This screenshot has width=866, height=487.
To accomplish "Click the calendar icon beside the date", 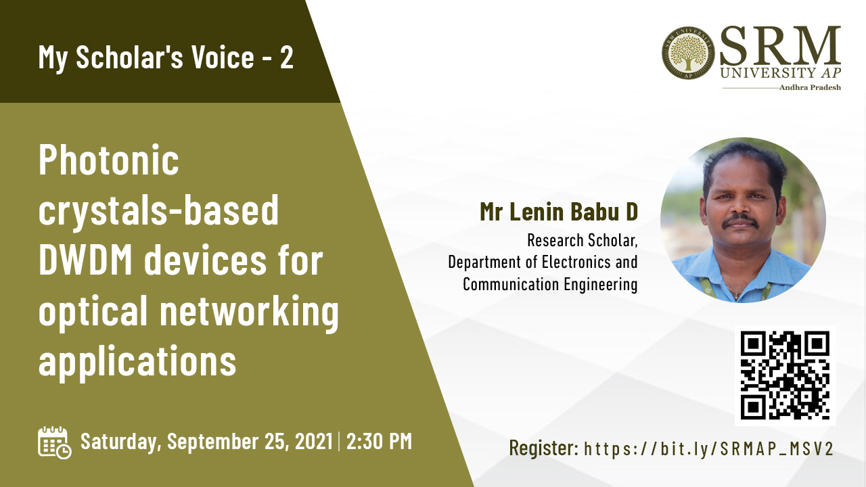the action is point(55,442).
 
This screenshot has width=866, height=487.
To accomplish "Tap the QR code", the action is point(785,375).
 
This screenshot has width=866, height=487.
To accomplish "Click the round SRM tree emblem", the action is point(688,53).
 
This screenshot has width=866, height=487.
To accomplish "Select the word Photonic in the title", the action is point(109,160).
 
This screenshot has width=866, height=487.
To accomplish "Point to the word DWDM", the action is point(85,260).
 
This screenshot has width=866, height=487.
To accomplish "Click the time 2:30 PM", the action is point(380,442).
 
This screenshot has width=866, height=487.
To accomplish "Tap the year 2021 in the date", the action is point(313,442).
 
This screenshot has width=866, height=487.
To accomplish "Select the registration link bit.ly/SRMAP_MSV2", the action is point(708,448).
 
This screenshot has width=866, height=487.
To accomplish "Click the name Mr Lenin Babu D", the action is point(559,212).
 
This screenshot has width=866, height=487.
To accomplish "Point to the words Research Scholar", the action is point(583,240).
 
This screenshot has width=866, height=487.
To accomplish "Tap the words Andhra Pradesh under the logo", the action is point(810,88).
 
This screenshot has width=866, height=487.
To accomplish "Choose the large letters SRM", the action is point(780,46).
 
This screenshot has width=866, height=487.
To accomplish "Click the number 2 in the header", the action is point(286,57).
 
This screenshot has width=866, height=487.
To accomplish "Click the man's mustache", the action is point(741,221).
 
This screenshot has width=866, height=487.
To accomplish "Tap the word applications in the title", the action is point(137,361).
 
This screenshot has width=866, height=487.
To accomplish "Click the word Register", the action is point(543,448).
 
